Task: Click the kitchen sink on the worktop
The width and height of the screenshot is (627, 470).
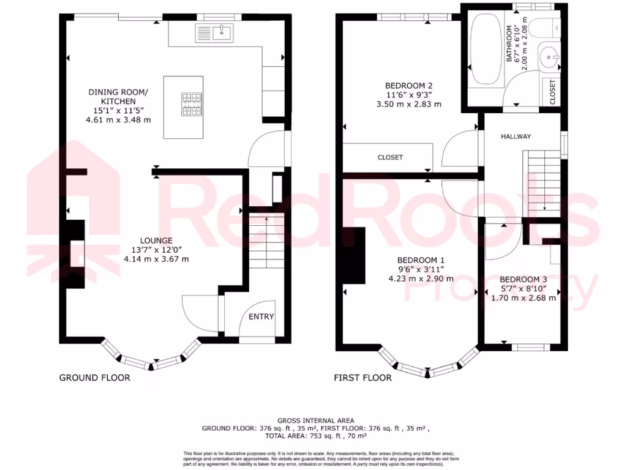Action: [214, 32]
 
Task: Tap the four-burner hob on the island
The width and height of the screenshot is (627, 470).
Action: [191, 103]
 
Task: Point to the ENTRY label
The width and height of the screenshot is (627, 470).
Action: [261, 316]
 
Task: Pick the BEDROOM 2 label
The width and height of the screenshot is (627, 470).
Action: [408, 85]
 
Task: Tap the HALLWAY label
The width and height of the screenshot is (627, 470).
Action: [516, 136]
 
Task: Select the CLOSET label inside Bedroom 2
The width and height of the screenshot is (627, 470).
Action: [390, 157]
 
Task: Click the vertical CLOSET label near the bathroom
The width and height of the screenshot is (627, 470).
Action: [552, 92]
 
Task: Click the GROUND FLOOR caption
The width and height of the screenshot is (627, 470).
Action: [94, 378]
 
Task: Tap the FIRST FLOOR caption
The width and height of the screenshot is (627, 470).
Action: [362, 378]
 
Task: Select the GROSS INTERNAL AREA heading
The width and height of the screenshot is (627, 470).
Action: [315, 420]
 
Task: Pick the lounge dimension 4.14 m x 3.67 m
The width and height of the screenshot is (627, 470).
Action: [156, 259]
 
